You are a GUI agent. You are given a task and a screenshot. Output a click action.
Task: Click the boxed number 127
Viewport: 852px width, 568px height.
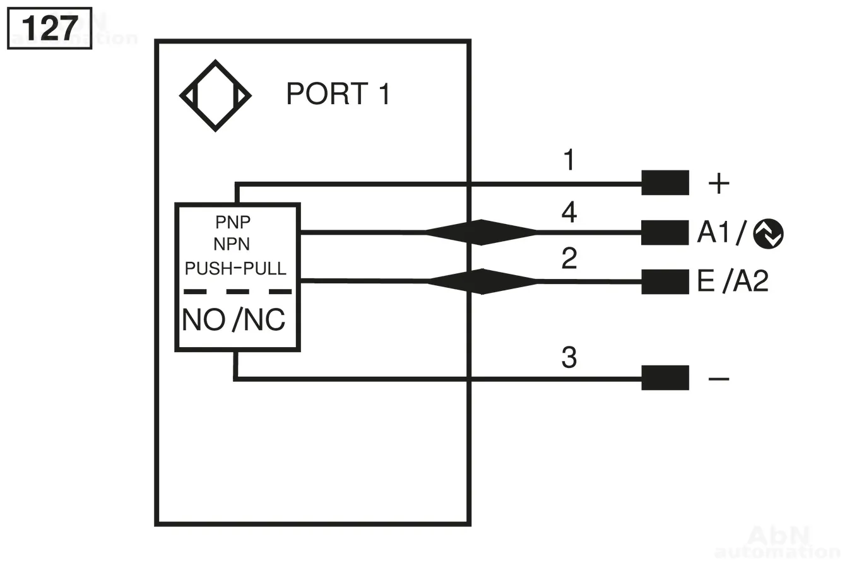[x=49, y=28]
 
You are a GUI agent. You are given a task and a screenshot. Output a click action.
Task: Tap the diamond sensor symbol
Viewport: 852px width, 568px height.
[x=215, y=96]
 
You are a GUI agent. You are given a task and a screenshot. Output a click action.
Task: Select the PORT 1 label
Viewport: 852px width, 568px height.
[x=338, y=94]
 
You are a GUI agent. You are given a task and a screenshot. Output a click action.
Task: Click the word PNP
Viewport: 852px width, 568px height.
[x=233, y=222]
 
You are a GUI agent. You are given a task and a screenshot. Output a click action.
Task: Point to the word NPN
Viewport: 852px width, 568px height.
[x=232, y=244]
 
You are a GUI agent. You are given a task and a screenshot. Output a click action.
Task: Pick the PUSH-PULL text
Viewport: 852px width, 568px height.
[x=235, y=268]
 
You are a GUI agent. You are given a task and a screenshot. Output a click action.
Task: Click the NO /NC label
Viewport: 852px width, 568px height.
[x=234, y=320]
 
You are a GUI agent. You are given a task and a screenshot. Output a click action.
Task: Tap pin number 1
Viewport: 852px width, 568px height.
[x=569, y=160]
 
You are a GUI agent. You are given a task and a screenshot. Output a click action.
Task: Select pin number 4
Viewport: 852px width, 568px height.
[x=569, y=212]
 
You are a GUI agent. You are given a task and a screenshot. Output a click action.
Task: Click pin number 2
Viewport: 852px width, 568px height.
[x=569, y=259]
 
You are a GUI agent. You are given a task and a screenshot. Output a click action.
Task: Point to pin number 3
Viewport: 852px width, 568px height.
[x=569, y=358]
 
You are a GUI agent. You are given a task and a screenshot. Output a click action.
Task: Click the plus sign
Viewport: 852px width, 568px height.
[x=719, y=184]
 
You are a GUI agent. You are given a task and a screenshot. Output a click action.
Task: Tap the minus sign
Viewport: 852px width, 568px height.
[x=719, y=379]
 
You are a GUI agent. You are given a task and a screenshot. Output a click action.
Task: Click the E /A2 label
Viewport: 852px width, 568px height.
[x=733, y=281]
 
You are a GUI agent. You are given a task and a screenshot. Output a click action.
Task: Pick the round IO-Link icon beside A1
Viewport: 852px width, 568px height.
[x=768, y=234]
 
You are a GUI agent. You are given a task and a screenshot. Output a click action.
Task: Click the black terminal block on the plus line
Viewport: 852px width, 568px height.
[x=665, y=183]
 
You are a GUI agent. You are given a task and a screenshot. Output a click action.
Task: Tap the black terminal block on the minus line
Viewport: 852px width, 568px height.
[x=665, y=378]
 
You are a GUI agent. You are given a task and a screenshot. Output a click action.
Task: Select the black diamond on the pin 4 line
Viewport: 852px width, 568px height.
[x=481, y=232]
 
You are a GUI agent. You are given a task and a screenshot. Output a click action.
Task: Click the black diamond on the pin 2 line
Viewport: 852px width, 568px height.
[x=482, y=281]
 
